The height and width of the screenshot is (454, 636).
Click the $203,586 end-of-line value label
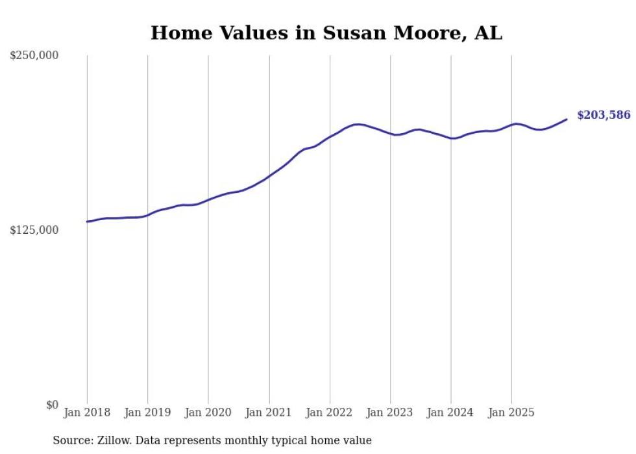pos(603,116)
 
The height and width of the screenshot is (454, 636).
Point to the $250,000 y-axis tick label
pos(34,56)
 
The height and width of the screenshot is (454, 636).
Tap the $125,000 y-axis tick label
pos(34,230)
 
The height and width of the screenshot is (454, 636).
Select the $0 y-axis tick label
pos(52,405)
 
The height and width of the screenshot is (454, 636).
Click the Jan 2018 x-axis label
pos(87,413)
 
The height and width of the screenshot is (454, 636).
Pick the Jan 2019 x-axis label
pos(147,413)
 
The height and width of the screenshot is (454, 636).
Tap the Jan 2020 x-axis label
pos(208,413)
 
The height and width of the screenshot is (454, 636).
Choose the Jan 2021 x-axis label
pos(269,413)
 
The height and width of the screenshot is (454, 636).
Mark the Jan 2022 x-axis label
pos(330,413)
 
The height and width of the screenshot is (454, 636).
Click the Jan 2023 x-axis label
pos(390,413)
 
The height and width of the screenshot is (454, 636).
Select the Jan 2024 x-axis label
pos(450,413)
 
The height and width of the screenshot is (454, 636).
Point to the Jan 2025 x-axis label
pos(511,413)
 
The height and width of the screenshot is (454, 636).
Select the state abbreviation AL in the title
pos(488,33)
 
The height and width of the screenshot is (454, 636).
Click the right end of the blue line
pos(567,119)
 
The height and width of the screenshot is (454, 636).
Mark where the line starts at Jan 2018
pos(87,221)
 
